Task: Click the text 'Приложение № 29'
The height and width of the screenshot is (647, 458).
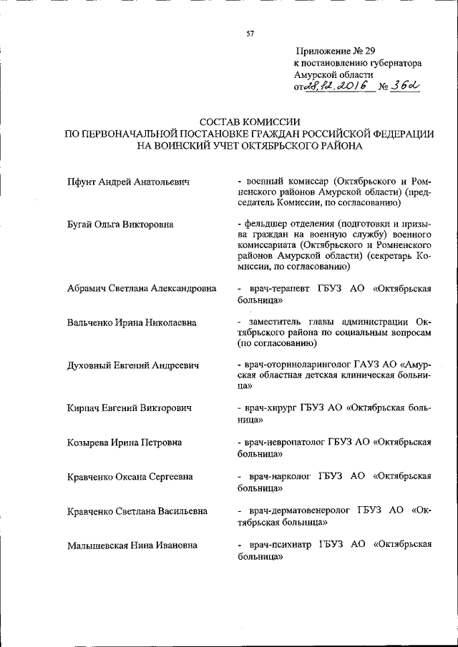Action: click(334, 51)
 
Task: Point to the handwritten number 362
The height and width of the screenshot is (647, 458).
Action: click(403, 86)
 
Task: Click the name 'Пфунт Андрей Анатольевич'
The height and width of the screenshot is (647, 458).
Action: click(128, 182)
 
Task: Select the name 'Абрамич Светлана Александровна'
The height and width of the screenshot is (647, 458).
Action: click(141, 289)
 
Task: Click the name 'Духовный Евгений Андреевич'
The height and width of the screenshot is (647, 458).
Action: click(133, 365)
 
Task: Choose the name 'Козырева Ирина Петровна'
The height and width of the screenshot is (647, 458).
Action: click(125, 442)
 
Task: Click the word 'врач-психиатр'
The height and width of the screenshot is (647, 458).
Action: click(281, 545)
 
